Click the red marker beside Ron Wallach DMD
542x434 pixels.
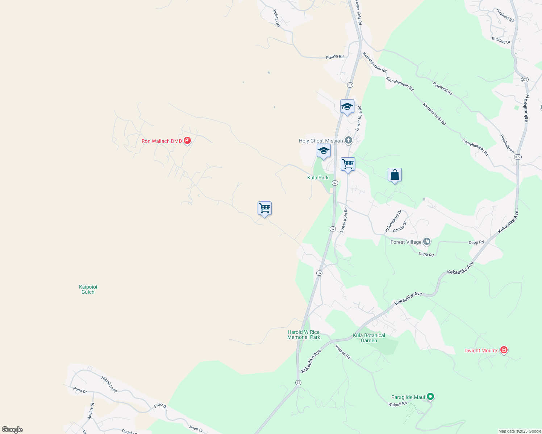[x=187, y=140]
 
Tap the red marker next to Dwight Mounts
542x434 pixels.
[x=504, y=350]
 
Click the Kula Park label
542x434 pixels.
[x=318, y=178]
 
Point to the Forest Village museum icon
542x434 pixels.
[x=427, y=242]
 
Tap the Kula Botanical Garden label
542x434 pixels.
[x=369, y=338]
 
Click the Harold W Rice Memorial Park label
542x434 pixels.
[x=304, y=335]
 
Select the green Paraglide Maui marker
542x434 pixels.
[x=430, y=397]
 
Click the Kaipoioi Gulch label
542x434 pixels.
[x=88, y=289]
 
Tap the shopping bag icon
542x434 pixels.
[x=395, y=175]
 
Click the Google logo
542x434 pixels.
[x=12, y=430]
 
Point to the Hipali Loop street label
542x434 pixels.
[x=109, y=384]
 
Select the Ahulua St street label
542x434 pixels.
[x=91, y=411]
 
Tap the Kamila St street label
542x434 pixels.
[x=400, y=227]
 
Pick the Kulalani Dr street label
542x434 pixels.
[x=501, y=40]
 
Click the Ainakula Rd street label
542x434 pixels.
[x=505, y=16]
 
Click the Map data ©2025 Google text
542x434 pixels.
[x=520, y=431]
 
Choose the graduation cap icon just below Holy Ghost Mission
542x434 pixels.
[x=324, y=151]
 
